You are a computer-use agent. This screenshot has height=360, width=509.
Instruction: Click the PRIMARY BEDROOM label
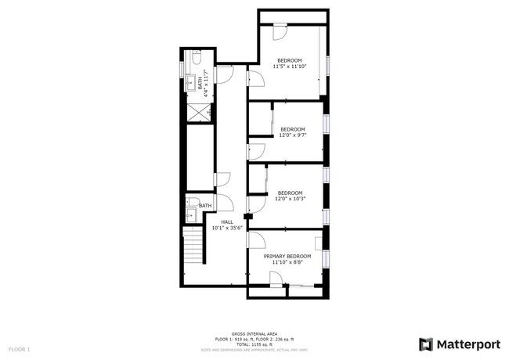point(287,256)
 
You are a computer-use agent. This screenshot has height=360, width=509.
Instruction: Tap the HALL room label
point(227,221)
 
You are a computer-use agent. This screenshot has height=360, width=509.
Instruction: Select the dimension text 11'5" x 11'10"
point(289,67)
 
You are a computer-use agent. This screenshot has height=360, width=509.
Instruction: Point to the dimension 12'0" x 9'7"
point(292,135)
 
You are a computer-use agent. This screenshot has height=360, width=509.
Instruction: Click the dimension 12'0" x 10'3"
point(290,199)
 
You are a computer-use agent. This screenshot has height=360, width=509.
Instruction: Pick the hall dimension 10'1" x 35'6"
point(227,228)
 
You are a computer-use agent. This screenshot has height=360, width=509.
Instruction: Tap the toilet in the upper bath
point(197,59)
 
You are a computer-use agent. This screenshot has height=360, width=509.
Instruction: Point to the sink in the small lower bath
point(190,213)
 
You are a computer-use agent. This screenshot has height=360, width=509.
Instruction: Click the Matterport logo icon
point(426,344)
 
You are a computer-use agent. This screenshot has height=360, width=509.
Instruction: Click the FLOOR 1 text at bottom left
point(19,348)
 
